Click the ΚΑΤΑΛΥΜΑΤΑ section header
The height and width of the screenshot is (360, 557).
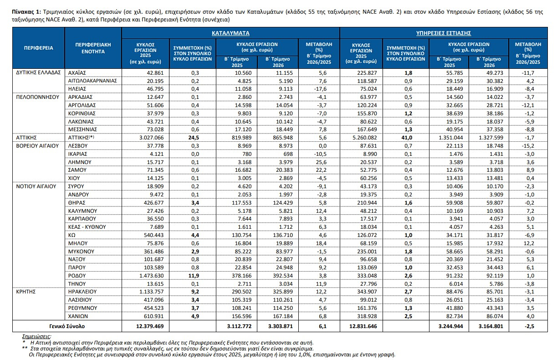(x=230, y=33)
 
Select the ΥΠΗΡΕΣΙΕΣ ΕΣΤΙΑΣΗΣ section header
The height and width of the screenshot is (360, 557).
(x=444, y=33)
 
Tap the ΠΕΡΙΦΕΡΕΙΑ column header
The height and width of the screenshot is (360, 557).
(x=39, y=48)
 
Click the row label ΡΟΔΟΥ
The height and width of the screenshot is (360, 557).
(x=77, y=276)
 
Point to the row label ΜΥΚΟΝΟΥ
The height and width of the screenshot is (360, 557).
(x=81, y=252)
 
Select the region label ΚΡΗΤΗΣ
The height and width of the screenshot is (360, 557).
(x=26, y=292)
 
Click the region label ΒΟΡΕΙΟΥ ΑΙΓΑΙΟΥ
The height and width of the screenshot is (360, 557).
(x=37, y=146)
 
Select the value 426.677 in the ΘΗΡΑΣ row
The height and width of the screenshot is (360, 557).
(x=153, y=203)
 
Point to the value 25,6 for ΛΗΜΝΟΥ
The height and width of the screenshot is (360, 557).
(x=321, y=162)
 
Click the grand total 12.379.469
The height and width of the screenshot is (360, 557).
(x=150, y=326)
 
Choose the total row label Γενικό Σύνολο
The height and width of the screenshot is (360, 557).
(x=67, y=326)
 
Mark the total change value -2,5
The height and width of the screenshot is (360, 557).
(x=529, y=326)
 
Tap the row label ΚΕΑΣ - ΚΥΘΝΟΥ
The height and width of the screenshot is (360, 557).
(x=87, y=227)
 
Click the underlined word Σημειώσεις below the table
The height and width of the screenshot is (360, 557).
(x=36, y=336)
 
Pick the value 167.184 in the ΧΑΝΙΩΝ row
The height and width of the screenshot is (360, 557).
(x=283, y=316)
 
